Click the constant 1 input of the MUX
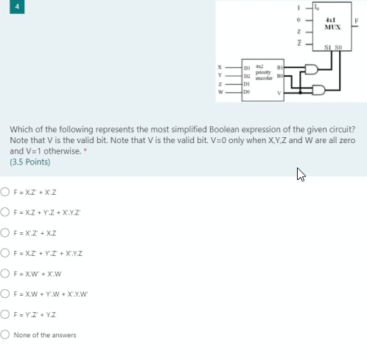(x=294, y=6)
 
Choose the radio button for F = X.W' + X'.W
(x=5, y=277)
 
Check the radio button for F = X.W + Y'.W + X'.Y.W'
(x=5, y=297)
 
